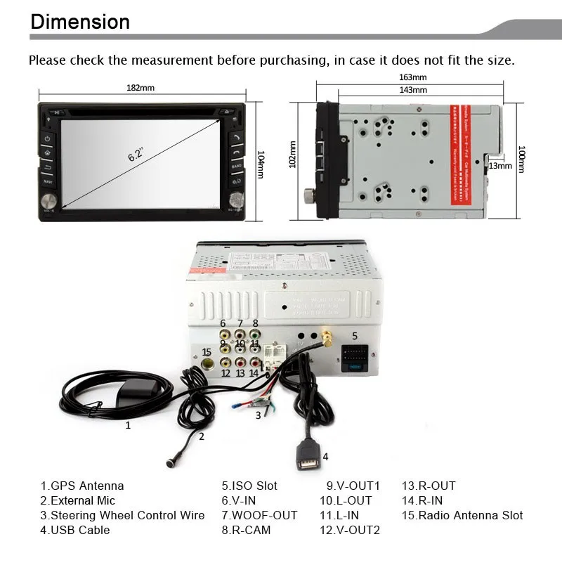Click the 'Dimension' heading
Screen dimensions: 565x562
point(80,21)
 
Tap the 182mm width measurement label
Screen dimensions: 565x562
point(140,88)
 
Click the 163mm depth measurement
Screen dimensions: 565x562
point(412,77)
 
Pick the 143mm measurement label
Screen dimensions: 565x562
point(412,90)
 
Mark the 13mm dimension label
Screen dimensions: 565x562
point(500,166)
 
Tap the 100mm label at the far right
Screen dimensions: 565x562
point(521,159)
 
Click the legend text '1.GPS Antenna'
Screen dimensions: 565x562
point(82,486)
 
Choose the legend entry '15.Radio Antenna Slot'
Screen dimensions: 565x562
point(462,515)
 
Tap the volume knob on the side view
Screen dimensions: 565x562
point(308,195)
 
